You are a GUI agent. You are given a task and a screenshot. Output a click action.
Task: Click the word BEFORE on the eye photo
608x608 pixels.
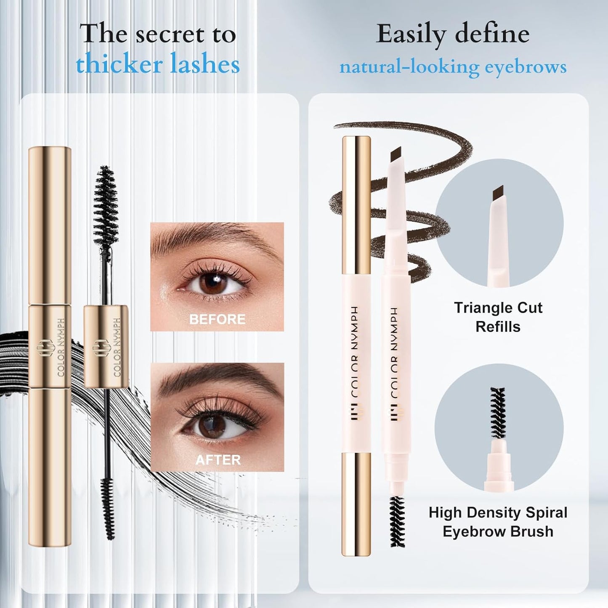(217, 319)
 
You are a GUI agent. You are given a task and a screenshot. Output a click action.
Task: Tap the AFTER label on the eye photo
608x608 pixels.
(218, 460)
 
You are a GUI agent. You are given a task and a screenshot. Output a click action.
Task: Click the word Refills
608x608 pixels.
(498, 327)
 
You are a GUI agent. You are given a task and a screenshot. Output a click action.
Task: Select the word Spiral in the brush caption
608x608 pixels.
(544, 512)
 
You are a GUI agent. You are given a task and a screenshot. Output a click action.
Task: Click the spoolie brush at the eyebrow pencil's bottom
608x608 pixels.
(396, 521)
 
